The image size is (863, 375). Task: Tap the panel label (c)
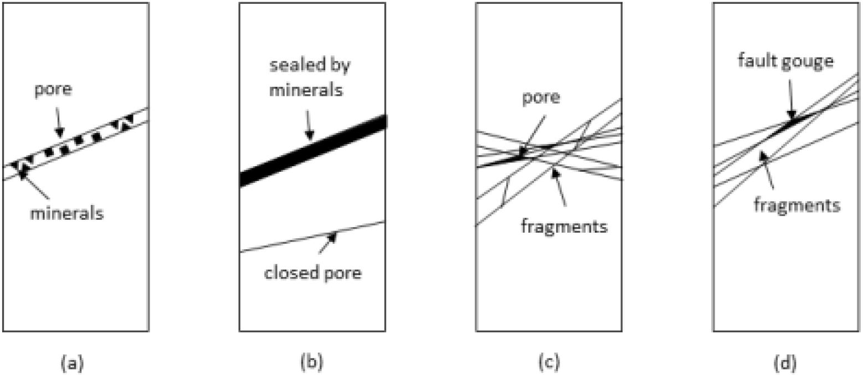[x=548, y=363]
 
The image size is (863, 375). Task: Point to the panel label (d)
[x=785, y=363]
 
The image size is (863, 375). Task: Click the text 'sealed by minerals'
[x=311, y=78]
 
